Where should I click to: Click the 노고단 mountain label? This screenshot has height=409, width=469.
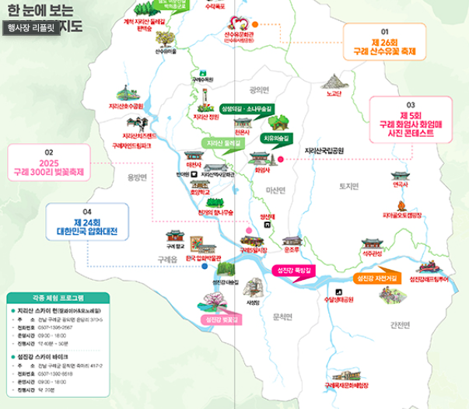pos(334,94)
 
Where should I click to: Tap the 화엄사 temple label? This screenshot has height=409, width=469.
pos(262,169)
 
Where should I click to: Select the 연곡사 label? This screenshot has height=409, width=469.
pos(400,184)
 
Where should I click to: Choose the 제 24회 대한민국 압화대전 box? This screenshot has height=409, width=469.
pos(88,226)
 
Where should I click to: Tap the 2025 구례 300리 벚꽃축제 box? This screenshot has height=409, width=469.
pos(48,166)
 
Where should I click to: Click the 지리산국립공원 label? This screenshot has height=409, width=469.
pos(328,150)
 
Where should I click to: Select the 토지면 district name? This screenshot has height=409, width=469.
pos(348,187)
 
